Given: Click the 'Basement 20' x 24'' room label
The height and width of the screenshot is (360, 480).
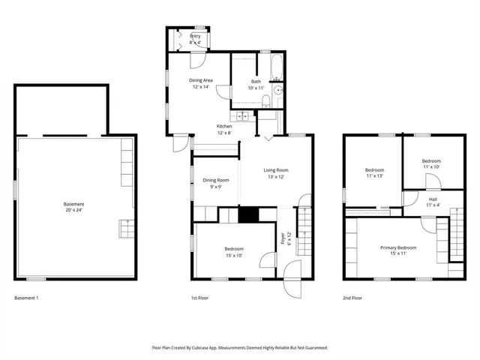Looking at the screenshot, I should click(x=73, y=207).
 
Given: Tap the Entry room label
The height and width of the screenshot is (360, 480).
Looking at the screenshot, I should click(x=195, y=39).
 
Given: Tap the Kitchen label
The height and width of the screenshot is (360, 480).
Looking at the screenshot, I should click(x=224, y=129).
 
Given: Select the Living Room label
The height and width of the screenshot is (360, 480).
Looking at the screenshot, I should click(x=276, y=173).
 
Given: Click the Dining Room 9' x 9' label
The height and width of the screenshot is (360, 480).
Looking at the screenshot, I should click(x=215, y=183).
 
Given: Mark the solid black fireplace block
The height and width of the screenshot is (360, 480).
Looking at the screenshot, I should click(x=247, y=214).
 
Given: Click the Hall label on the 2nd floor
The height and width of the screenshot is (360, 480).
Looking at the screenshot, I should click(x=433, y=202).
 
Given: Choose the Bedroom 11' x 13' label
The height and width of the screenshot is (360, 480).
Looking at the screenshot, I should click(x=374, y=172).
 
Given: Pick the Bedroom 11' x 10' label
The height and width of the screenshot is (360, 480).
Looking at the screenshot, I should click(x=430, y=163).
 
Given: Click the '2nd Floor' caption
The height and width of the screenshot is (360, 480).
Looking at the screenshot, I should click(x=352, y=298).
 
